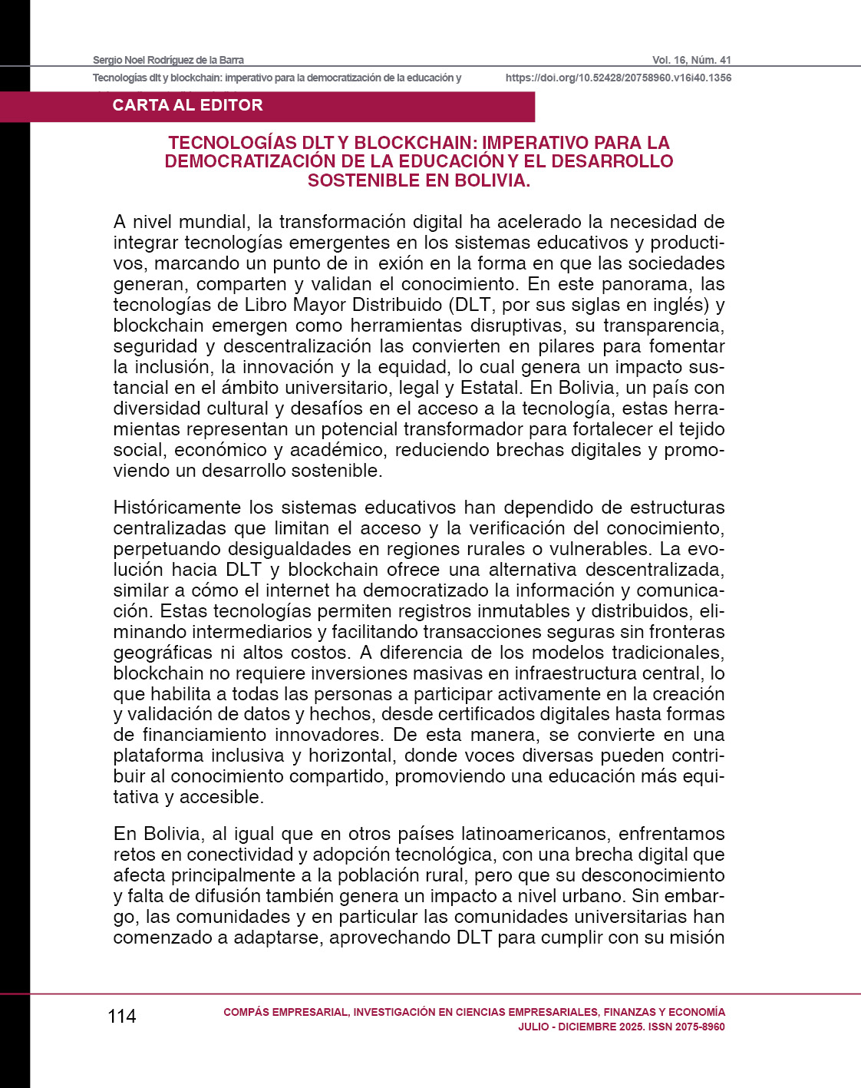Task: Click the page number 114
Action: tap(122, 1017)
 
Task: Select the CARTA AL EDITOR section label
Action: tap(187, 106)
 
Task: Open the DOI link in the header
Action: tap(618, 78)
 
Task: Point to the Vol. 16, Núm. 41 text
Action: tap(691, 60)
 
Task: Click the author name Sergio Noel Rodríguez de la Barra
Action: tap(168, 60)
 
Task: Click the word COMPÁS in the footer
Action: tap(246, 1012)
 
